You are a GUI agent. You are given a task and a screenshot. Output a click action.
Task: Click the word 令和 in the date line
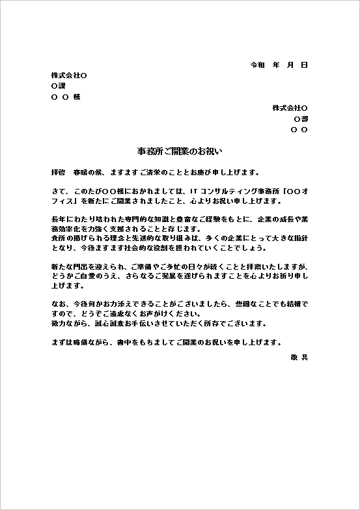tap(257, 65)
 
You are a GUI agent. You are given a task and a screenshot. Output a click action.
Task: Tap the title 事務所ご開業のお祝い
tap(180, 151)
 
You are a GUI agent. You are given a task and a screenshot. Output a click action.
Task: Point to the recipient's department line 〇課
tap(58, 86)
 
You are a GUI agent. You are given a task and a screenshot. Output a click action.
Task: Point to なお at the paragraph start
tap(57, 304)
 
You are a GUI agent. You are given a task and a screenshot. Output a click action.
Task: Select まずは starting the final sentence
tap(61, 343)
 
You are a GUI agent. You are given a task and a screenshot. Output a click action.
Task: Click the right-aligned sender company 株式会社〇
tap(290, 107)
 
